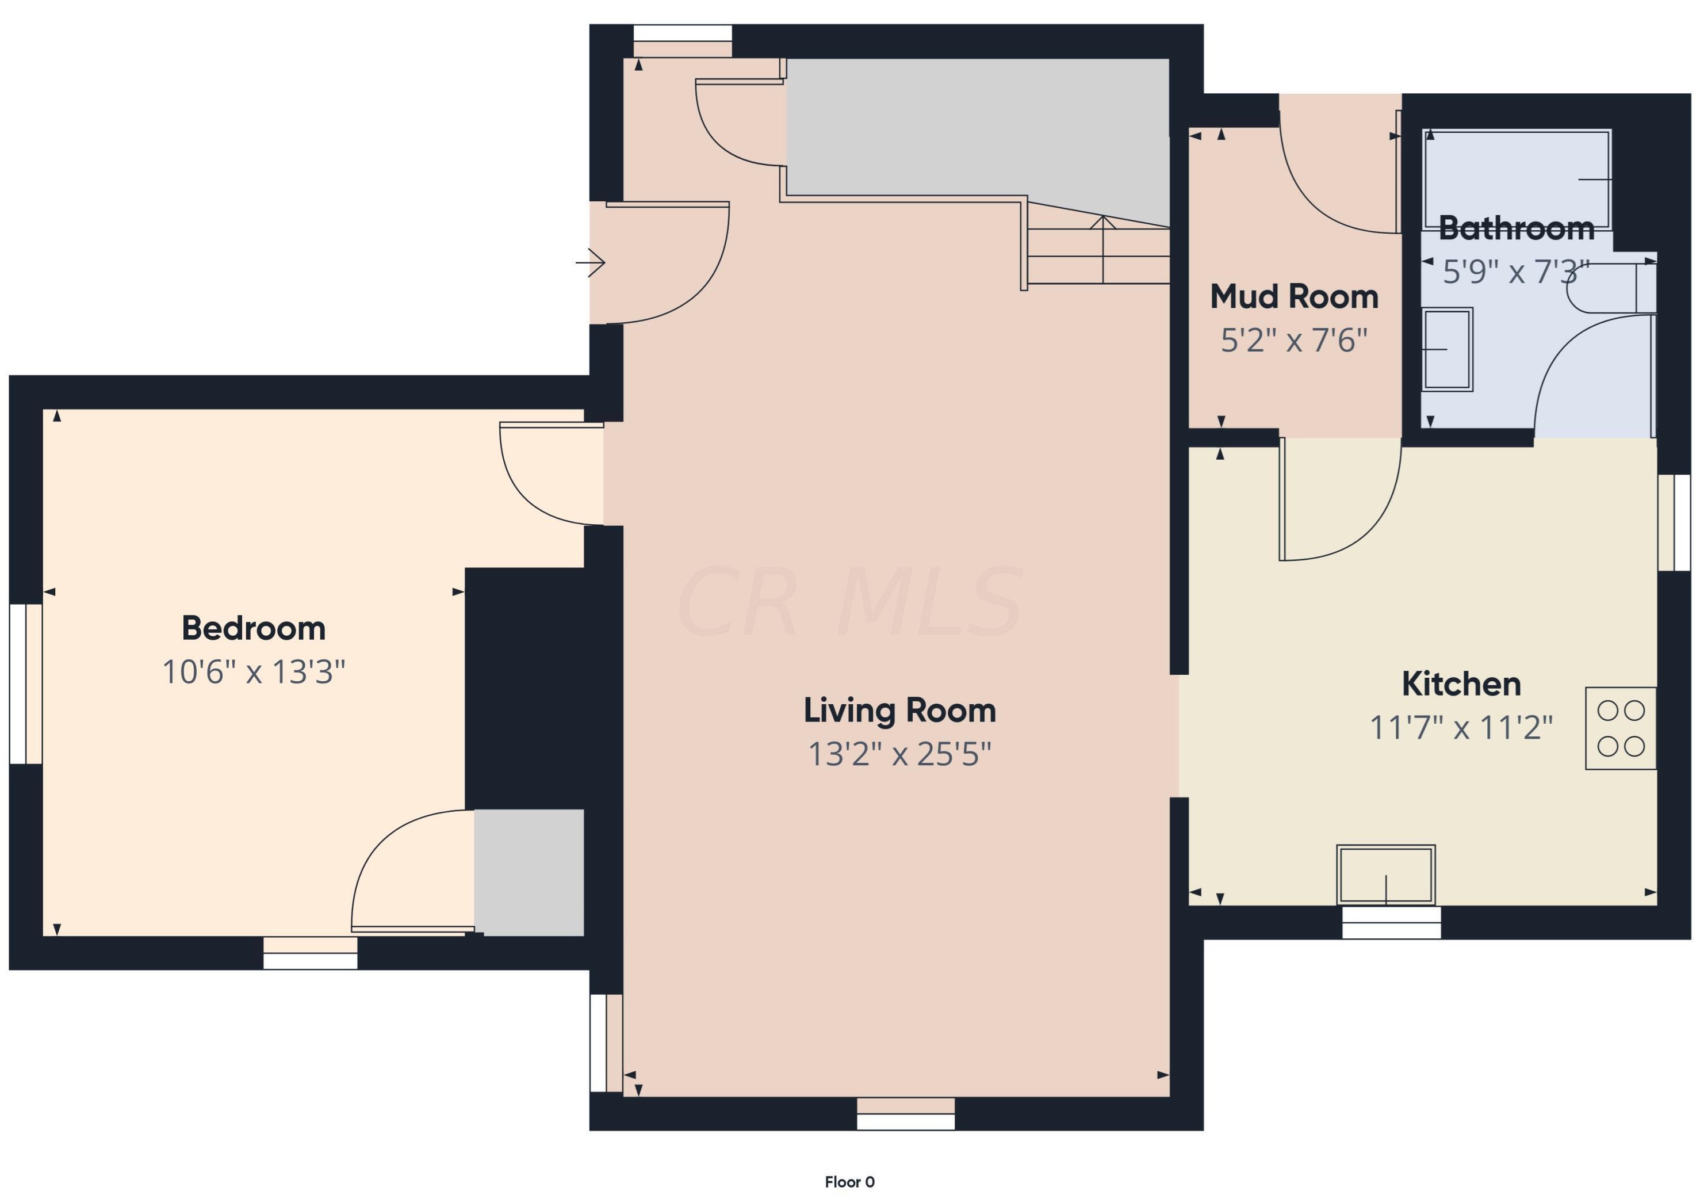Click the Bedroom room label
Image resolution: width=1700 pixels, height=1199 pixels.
(x=253, y=629)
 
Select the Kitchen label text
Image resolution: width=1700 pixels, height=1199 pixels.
(x=1461, y=684)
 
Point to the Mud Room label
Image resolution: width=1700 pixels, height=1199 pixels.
(x=1294, y=297)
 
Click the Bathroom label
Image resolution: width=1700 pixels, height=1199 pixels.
(x=1517, y=228)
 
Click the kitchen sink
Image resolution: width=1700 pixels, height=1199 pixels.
(x=1386, y=875)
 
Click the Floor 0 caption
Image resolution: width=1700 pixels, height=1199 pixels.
(x=850, y=1182)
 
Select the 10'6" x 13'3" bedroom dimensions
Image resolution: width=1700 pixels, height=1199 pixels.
(x=253, y=673)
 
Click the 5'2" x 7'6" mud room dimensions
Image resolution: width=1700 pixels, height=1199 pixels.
(x=1294, y=341)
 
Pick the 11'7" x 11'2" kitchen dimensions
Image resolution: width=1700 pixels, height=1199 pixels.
(x=1461, y=728)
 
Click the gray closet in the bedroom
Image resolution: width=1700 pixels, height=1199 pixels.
(x=529, y=872)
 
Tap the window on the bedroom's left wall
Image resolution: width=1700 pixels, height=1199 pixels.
(x=26, y=683)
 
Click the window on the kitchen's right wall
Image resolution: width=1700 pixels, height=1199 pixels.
(x=1674, y=523)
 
